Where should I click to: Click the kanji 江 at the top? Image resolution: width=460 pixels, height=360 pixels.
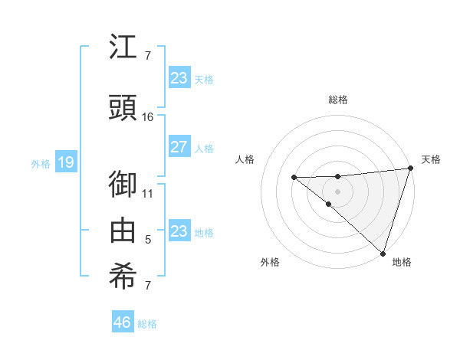[x=123, y=49]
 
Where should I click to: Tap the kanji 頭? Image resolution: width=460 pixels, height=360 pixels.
[x=123, y=107]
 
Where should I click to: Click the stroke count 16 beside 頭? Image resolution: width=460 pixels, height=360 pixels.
[x=148, y=116]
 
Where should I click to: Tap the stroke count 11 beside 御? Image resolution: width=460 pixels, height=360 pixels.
[x=148, y=194]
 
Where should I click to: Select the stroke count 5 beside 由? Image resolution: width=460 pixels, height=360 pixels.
[x=148, y=240]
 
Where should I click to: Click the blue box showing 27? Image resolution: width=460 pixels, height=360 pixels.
[x=179, y=148]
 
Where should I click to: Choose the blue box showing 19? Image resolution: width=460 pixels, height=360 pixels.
[x=65, y=162]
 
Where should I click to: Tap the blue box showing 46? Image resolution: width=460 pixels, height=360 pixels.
[x=123, y=322]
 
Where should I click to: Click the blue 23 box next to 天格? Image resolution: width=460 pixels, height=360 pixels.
[x=179, y=77]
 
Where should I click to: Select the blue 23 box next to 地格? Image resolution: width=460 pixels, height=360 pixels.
[x=179, y=231]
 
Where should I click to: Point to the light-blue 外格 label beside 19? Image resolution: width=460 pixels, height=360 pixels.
[x=41, y=162]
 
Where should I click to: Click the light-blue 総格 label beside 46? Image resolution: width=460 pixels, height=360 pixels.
[x=147, y=324]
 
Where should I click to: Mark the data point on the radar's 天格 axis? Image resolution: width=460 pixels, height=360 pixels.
[x=410, y=169]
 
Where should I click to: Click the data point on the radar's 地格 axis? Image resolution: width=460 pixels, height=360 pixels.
[x=383, y=253]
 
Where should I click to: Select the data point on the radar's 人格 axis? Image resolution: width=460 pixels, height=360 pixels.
[x=294, y=178]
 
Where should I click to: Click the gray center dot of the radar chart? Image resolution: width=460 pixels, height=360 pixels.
[x=338, y=191]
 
